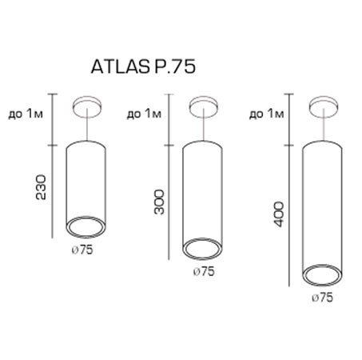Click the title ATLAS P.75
[143, 66]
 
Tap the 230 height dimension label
[42, 187]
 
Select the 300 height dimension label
[159, 202]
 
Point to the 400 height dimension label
[279, 214]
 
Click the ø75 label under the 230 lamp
[82, 250]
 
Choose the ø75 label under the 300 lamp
[204, 271]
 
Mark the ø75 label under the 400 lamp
[323, 298]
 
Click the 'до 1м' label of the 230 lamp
[26, 114]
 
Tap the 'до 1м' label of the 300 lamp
[144, 114]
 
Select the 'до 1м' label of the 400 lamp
[267, 114]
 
